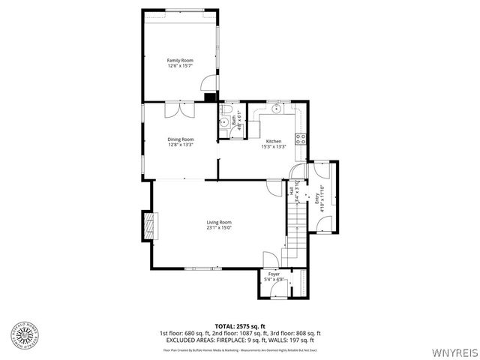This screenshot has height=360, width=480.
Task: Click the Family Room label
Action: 180,60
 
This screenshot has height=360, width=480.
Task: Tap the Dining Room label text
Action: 181,139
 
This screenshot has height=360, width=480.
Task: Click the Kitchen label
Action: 274,142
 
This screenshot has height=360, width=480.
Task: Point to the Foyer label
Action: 274,274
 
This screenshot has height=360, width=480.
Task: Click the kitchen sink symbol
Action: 278,109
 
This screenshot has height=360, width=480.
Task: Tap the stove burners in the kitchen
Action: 301,138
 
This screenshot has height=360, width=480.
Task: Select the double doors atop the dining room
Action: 180,109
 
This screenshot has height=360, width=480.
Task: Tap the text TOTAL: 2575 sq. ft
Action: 239,325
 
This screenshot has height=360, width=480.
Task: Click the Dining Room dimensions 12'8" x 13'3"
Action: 181,145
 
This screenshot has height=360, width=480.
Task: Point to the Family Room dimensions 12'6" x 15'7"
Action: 180,66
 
